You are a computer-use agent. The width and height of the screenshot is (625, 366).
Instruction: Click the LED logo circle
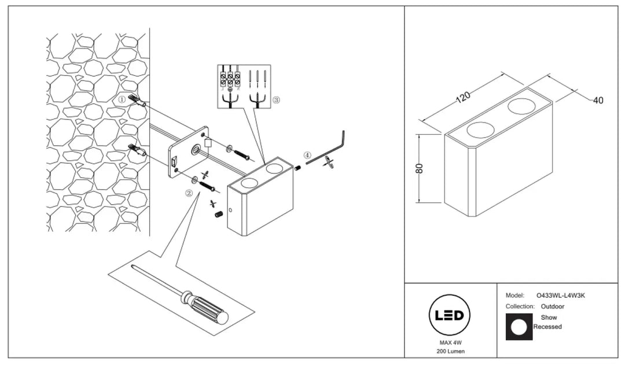[x=449, y=316]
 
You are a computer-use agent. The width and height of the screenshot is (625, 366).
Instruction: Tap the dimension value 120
[x=463, y=97]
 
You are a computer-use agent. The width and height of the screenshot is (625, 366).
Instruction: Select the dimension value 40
[x=598, y=101]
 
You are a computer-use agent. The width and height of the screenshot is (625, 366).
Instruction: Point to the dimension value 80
[x=419, y=168]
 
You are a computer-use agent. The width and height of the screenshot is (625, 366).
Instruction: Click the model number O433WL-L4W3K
[x=561, y=295]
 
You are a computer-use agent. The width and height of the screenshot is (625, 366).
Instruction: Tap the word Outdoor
[x=553, y=306]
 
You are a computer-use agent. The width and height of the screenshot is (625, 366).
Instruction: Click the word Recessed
[x=547, y=327]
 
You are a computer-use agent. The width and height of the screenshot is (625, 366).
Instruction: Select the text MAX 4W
[x=450, y=342]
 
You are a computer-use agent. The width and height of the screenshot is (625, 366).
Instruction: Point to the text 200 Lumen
[x=450, y=352]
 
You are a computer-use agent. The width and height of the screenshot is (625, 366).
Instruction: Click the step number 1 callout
[x=122, y=99]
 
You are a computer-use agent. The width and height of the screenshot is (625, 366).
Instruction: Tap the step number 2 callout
[x=189, y=193]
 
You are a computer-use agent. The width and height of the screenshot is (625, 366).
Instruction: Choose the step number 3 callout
[x=276, y=100]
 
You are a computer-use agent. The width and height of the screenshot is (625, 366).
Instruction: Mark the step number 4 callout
[x=307, y=155]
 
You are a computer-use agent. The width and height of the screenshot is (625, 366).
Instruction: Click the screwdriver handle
[x=205, y=306]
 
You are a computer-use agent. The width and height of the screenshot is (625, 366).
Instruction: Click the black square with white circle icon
[x=519, y=327]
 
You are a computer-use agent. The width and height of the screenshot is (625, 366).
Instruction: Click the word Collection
[x=519, y=306]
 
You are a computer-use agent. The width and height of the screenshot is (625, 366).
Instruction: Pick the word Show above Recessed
[x=549, y=317]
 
